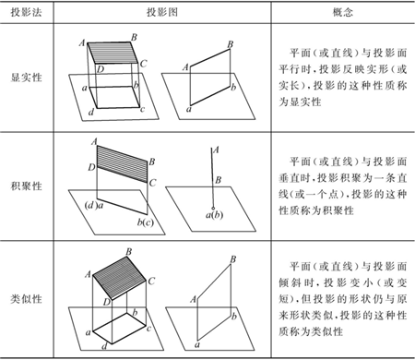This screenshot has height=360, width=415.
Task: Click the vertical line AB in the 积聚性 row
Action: click(215, 175)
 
